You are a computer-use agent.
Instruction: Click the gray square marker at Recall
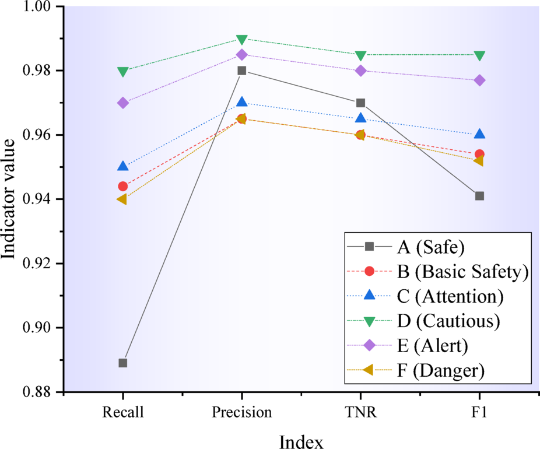(123, 363)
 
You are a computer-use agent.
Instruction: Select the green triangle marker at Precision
(242, 39)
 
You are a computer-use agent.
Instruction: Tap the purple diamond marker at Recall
(123, 103)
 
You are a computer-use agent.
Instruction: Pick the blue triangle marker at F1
(479, 134)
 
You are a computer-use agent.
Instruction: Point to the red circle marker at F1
(479, 155)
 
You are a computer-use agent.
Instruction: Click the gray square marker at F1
(479, 196)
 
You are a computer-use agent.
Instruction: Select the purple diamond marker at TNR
(360, 71)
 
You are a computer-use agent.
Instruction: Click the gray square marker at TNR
(360, 103)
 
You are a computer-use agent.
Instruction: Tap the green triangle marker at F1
(479, 56)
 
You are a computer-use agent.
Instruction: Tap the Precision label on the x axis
(241, 413)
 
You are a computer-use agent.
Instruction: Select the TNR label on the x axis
(360, 413)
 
